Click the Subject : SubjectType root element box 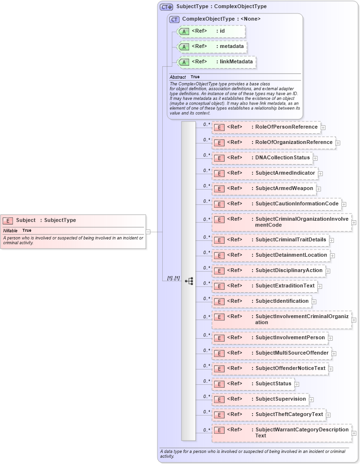tap(72, 221)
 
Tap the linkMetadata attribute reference tap(216, 62)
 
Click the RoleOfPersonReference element tap(266, 127)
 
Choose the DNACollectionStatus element tap(262, 158)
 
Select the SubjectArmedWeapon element tap(264, 189)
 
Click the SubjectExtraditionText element tap(264, 286)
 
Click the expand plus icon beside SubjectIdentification tap(314, 302)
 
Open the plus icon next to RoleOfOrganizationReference tap(338, 143)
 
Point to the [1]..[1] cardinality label tap(173, 278)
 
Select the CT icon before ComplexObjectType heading tap(174, 19)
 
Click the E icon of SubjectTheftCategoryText tap(219, 415)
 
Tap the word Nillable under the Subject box tap(10, 230)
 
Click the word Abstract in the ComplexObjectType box tap(178, 77)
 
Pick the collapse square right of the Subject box tap(148, 232)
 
